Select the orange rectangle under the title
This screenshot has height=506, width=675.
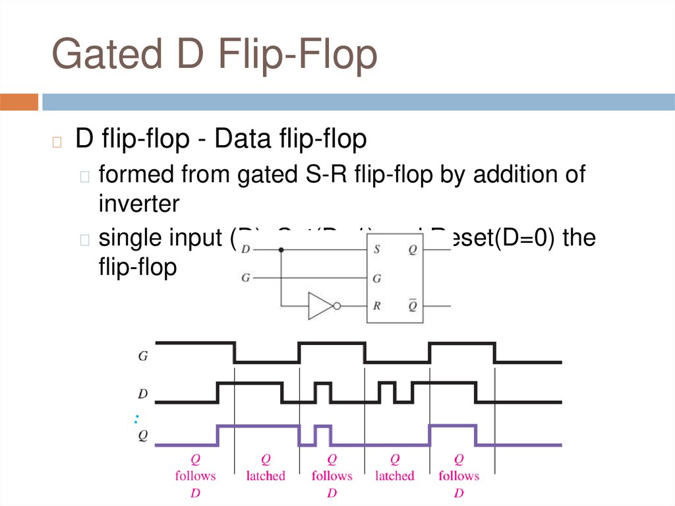pos(19,102)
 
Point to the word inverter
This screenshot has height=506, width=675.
pos(138,204)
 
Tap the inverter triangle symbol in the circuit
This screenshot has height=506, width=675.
pos(320,306)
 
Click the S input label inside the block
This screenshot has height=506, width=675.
pos(376,250)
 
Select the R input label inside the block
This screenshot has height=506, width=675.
pos(376,306)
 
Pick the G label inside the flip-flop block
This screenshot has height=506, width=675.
pos(376,278)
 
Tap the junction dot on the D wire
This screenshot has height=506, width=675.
pos(281,250)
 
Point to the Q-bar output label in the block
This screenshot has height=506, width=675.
pos(413,305)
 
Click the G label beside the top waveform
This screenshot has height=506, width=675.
pos(142,356)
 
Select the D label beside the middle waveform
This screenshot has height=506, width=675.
pos(142,394)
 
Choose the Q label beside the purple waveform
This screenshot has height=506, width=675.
pos(142,435)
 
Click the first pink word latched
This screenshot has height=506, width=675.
pos(266,476)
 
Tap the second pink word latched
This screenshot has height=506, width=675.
pos(395,476)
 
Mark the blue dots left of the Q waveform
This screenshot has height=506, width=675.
pos(136,418)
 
